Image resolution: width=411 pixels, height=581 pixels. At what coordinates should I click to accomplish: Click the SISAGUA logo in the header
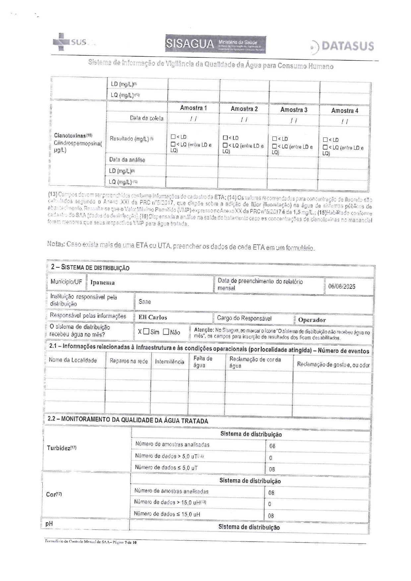point(215,44)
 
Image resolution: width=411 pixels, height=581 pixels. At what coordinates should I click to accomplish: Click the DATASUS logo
point(343,46)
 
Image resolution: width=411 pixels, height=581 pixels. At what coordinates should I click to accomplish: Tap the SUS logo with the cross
point(70,42)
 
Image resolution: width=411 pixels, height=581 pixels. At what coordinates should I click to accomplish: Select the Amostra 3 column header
point(294,110)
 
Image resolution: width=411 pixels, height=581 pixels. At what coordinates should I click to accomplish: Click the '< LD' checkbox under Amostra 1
point(173,137)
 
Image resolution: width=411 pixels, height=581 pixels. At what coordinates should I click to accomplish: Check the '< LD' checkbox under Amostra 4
point(325,140)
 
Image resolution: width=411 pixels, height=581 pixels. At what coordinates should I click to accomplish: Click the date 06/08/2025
point(341,287)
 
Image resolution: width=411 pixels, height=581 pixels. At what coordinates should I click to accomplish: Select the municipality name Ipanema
point(102,283)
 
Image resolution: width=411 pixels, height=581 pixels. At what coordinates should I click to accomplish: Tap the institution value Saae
point(145,302)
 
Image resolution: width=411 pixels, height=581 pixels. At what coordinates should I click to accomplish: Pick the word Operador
point(312,320)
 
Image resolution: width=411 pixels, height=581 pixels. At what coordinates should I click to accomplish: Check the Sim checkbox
point(146,332)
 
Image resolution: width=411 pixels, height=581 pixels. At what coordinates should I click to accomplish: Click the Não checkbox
point(166,332)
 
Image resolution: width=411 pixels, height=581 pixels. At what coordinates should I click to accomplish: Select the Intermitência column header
point(169,362)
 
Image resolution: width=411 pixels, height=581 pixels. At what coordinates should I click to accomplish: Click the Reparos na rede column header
point(129,361)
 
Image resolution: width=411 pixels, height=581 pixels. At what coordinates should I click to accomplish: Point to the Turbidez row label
point(62,448)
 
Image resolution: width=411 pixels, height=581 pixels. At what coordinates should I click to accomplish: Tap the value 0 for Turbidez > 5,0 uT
point(270,458)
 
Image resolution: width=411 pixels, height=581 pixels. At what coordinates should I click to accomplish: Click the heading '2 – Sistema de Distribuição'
point(90,268)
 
